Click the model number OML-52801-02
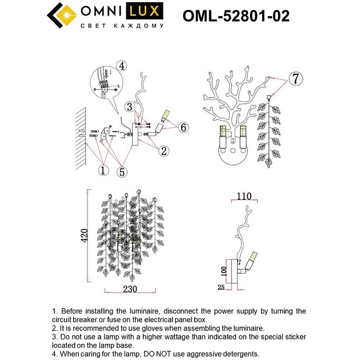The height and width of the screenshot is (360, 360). tap(235, 16)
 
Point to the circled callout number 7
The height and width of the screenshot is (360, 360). tap(294, 79)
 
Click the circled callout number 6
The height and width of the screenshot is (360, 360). tap(182, 127)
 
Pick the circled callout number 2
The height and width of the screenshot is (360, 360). tap(163, 151)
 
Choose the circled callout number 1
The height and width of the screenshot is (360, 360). tap(103, 170)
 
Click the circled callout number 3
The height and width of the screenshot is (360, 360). tap(131, 106)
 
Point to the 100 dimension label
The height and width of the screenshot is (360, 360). tap(224, 269)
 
